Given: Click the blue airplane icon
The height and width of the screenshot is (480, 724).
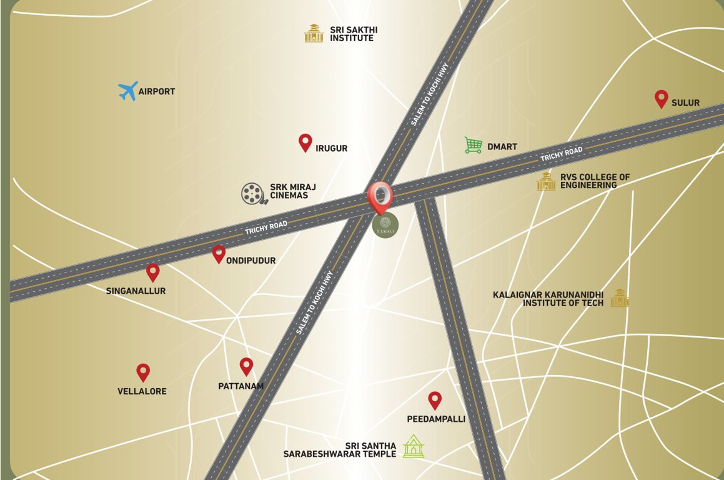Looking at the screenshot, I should pyautogui.click(x=128, y=91).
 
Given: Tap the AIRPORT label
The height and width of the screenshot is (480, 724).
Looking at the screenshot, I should pyautogui.click(x=157, y=92).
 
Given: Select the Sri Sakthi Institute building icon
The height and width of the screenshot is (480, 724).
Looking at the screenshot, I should pyautogui.click(x=314, y=33).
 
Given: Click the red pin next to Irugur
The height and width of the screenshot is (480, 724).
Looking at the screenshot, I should pyautogui.click(x=305, y=142).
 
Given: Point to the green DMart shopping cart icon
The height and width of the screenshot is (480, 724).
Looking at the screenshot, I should pyautogui.click(x=474, y=146).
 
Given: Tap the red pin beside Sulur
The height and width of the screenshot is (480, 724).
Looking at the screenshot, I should pyautogui.click(x=661, y=99).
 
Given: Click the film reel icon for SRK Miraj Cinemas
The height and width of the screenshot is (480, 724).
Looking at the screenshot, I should pyautogui.click(x=252, y=194).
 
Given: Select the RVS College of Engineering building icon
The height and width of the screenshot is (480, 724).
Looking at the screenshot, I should pyautogui.click(x=546, y=181).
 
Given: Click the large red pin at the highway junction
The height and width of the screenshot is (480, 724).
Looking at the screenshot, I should pyautogui.click(x=380, y=196).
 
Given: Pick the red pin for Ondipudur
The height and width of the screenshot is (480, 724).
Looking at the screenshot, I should pyautogui.click(x=218, y=254).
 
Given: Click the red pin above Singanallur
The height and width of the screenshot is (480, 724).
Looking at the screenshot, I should pyautogui.click(x=152, y=272).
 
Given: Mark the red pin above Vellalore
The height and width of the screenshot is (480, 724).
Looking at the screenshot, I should pyautogui.click(x=143, y=372).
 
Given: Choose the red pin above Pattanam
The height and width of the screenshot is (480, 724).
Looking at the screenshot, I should pyautogui.click(x=246, y=366).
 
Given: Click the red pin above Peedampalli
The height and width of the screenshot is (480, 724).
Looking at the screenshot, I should pyautogui.click(x=435, y=400).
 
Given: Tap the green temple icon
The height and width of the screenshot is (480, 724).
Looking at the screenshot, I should pyautogui.click(x=413, y=447).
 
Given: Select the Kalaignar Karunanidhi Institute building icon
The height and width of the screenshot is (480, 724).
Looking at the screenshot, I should pyautogui.click(x=619, y=298).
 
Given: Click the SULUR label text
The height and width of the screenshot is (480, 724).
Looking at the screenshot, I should pyautogui.click(x=685, y=102).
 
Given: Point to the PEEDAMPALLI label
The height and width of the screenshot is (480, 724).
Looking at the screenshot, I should pyautogui.click(x=436, y=419).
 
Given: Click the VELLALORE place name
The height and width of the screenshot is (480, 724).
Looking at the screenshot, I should pyautogui.click(x=142, y=392).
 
